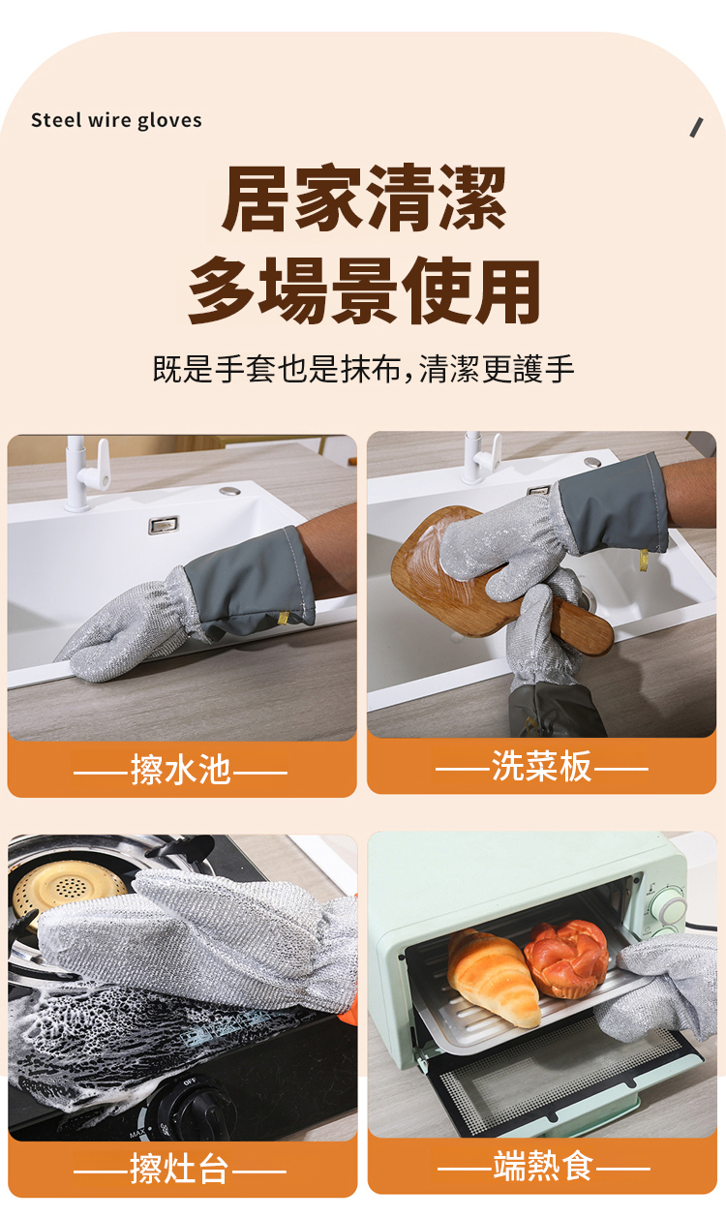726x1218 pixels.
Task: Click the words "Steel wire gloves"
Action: tap(116, 121)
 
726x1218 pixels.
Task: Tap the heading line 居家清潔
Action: tap(364, 198)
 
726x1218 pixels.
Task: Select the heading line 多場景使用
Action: tap(364, 290)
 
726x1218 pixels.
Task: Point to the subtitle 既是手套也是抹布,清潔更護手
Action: tap(363, 369)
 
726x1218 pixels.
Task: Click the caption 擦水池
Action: tap(181, 770)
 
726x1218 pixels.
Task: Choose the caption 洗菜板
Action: tap(541, 766)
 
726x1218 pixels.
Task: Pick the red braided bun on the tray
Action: tap(566, 959)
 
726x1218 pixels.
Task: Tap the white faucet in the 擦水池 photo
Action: tap(84, 473)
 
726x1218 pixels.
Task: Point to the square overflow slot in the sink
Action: tap(164, 525)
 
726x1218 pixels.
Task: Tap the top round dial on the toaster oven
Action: tap(670, 906)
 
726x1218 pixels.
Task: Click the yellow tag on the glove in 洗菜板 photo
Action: tap(644, 560)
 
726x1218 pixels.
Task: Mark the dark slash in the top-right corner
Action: tap(697, 128)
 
